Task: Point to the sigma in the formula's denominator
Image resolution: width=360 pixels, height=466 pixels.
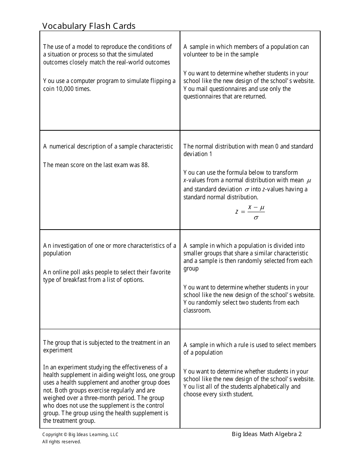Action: coord(256,218)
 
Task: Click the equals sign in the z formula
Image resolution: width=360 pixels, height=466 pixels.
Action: coord(243,212)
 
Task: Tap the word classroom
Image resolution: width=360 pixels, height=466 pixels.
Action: coord(197,311)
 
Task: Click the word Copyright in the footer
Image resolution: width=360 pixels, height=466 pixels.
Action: coord(52,435)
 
